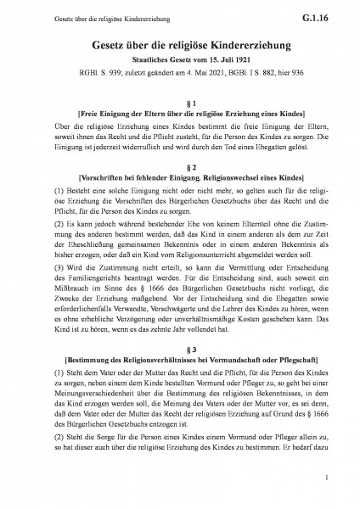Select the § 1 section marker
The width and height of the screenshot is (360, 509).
click(x=179, y=100)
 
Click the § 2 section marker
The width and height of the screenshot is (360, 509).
click(x=179, y=167)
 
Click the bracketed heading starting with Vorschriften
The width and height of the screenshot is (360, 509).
click(x=179, y=180)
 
